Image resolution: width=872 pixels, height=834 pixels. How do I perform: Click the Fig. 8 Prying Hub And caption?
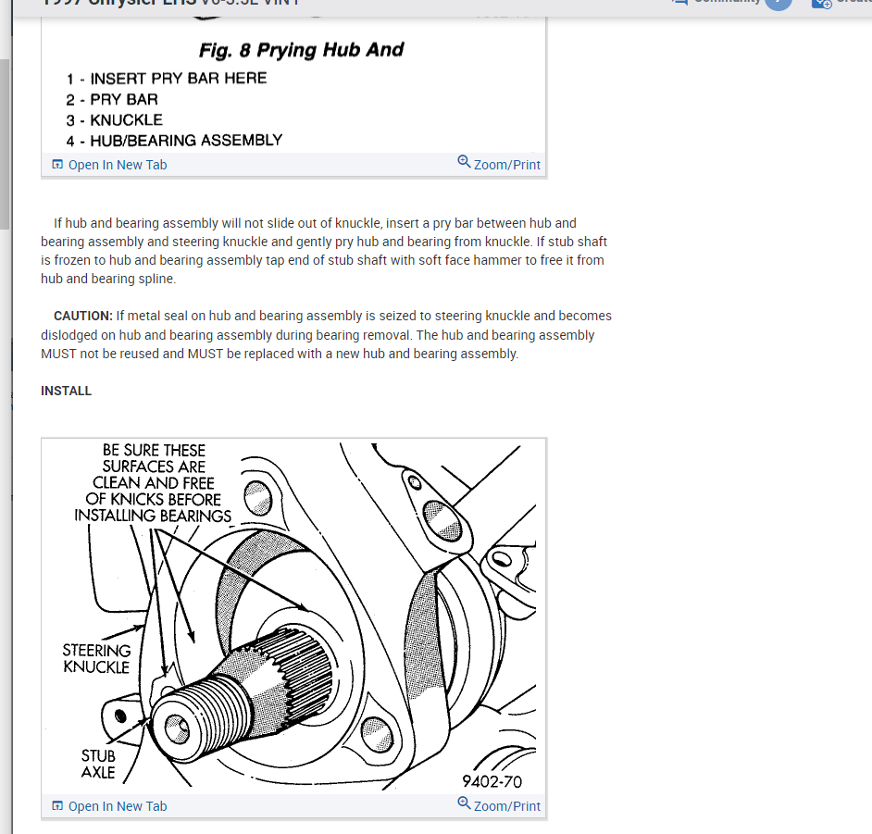click(x=301, y=50)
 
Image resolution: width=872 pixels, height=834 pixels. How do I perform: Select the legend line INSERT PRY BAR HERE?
click(x=178, y=79)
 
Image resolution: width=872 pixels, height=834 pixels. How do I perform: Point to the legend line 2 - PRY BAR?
click(x=112, y=99)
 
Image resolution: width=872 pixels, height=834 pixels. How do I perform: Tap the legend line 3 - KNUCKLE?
click(x=114, y=120)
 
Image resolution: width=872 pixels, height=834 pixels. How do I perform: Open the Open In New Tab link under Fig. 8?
click(x=117, y=165)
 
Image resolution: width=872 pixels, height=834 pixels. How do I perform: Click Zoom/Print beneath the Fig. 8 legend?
click(x=506, y=165)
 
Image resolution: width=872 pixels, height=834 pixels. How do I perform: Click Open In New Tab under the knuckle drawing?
click(x=117, y=806)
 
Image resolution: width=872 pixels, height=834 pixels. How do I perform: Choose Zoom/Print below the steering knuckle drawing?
click(x=506, y=806)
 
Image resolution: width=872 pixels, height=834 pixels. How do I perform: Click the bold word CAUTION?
click(x=83, y=317)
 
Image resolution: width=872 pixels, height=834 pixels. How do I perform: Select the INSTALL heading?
click(x=67, y=392)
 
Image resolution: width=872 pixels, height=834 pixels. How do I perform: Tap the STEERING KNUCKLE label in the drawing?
click(x=96, y=658)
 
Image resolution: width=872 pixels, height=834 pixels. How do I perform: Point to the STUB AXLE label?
click(x=98, y=765)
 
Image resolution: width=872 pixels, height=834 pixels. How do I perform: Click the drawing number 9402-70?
click(x=492, y=782)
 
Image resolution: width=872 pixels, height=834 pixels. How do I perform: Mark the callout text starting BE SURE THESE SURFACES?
click(x=153, y=483)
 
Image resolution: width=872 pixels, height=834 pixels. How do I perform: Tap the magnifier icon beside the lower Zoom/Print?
click(x=464, y=803)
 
